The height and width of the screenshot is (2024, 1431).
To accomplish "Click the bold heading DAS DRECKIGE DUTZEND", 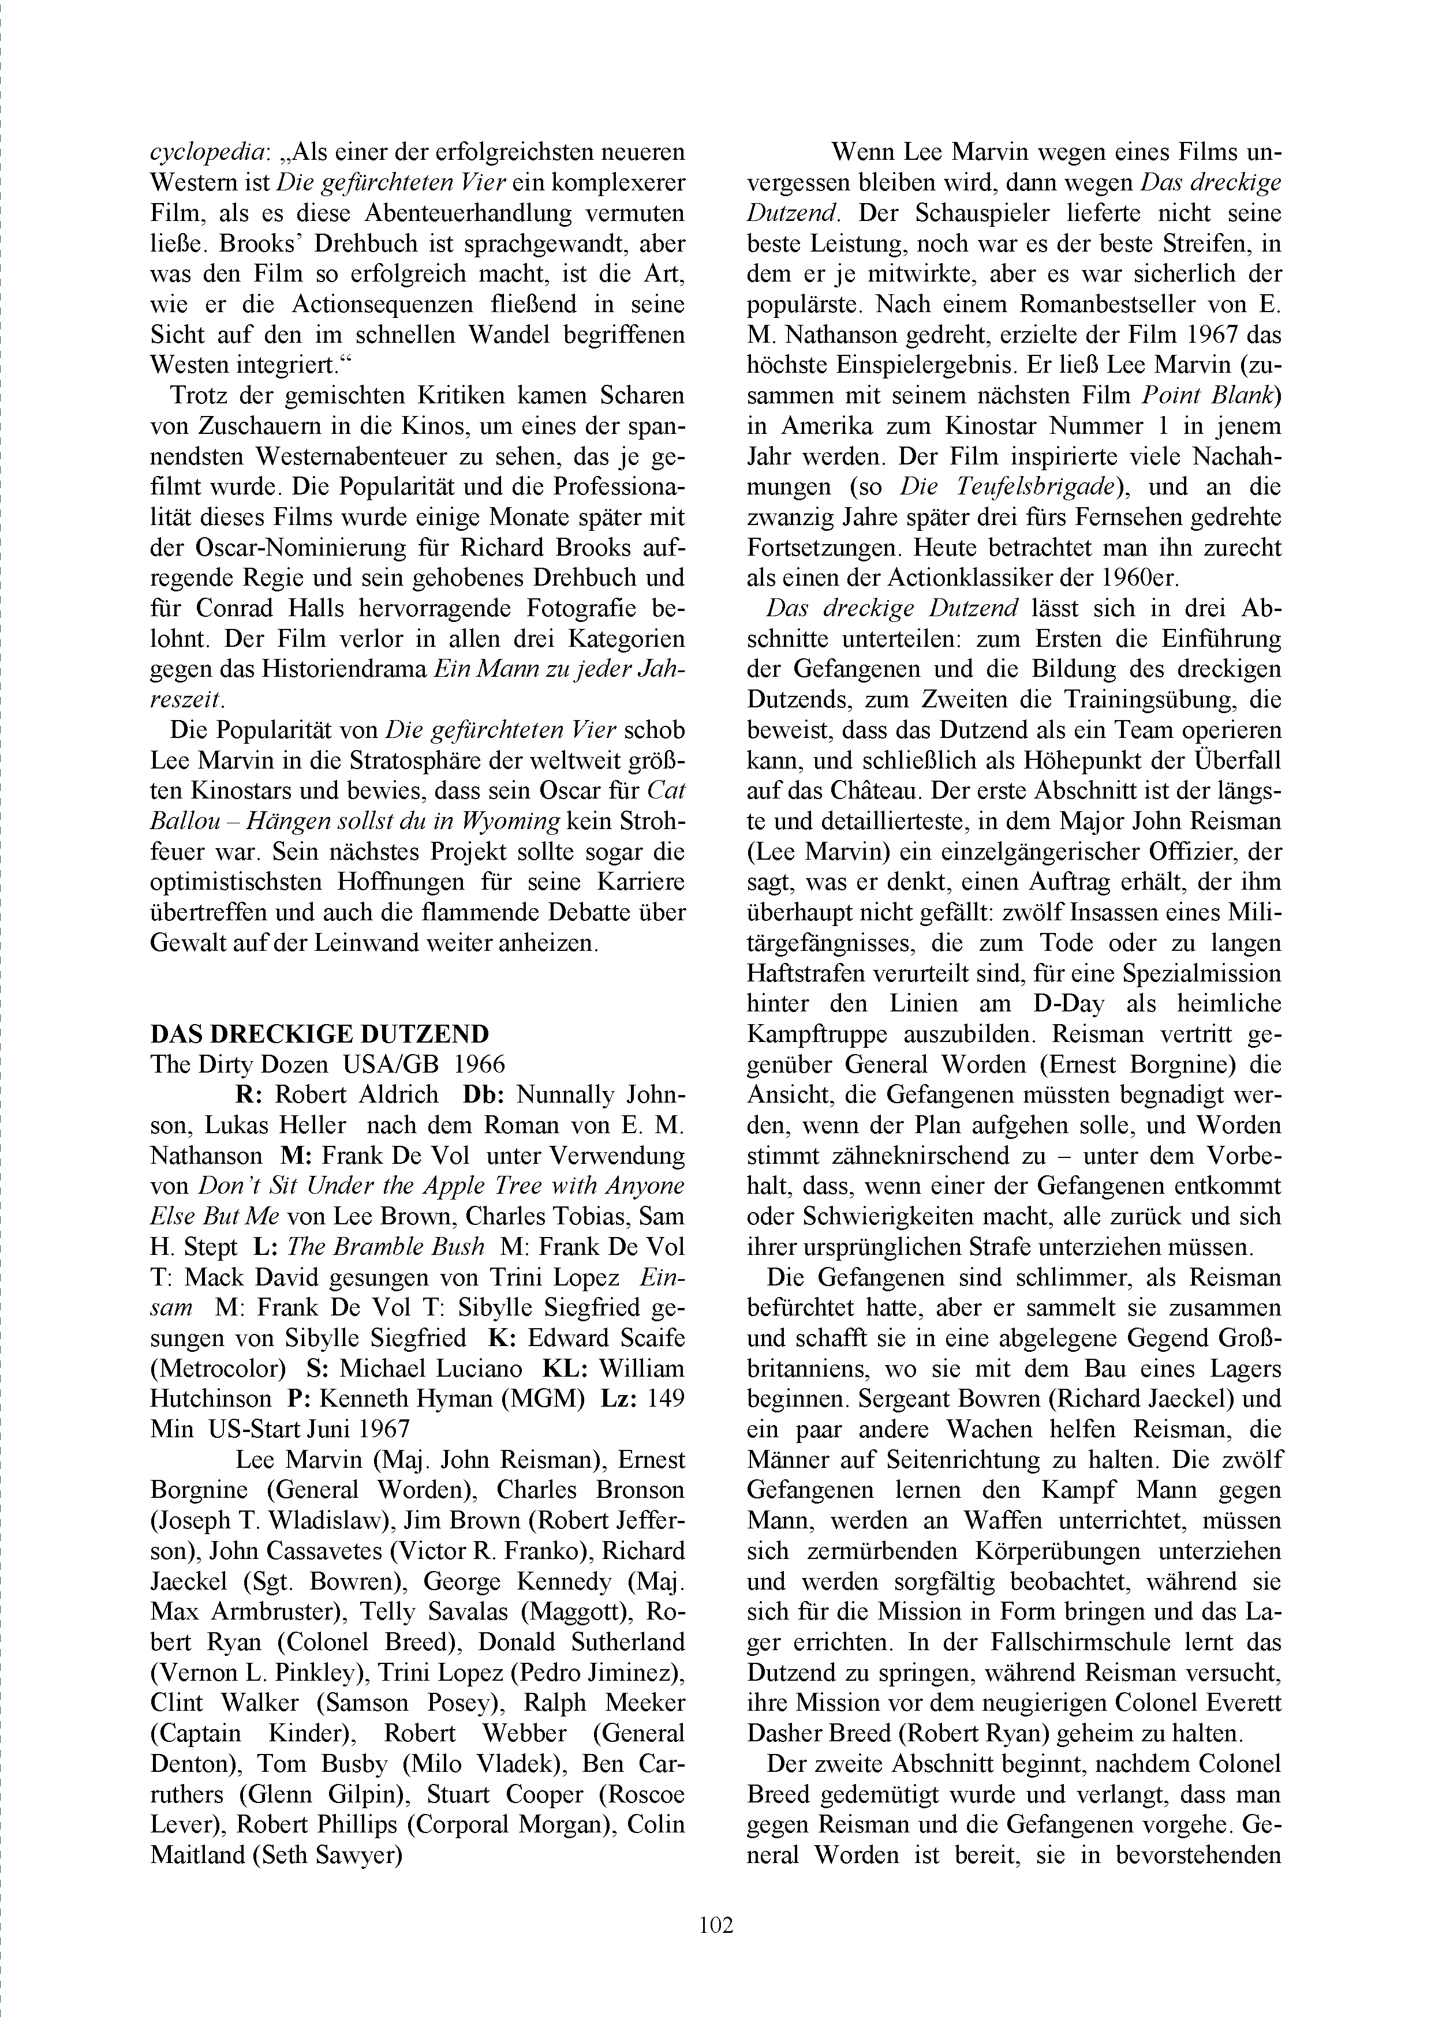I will coord(319,1034).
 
